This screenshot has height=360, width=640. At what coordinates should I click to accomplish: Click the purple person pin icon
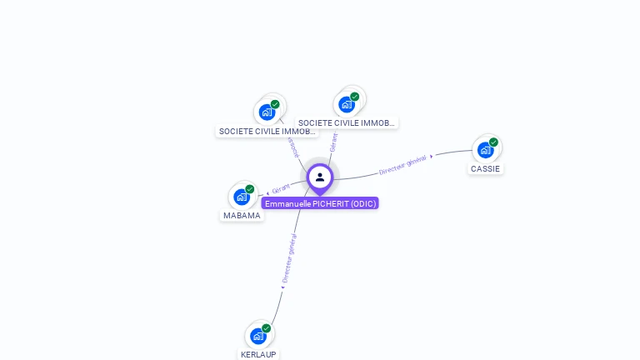coord(320,177)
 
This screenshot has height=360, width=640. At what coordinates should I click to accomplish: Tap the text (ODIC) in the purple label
coord(363,203)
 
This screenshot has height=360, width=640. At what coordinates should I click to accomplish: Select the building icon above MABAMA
coord(242,197)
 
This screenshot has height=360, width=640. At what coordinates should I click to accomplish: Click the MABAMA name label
coord(242,215)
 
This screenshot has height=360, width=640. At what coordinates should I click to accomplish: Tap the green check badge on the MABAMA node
coord(249,189)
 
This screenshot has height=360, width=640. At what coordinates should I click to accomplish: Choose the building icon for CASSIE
coord(485,150)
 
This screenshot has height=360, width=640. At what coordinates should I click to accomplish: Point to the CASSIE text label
coord(485,168)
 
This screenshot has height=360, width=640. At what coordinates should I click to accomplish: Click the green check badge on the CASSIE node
coord(493,142)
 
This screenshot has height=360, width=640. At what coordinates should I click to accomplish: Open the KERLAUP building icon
coord(258,336)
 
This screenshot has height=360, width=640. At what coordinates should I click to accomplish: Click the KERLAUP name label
coord(258,354)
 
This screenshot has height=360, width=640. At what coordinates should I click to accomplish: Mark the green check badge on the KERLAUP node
coord(267,328)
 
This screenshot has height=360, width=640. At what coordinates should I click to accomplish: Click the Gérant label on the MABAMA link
coord(281,189)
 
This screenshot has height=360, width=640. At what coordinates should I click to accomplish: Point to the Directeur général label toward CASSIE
coord(402,164)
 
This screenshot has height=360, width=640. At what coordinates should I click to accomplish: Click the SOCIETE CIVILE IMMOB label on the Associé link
coord(267,131)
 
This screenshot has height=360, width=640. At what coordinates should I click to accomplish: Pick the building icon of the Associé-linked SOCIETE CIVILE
coord(267,112)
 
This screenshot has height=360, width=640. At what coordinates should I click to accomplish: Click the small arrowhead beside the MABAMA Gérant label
coord(267,193)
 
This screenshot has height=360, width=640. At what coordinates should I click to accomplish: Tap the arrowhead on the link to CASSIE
coord(432,156)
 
